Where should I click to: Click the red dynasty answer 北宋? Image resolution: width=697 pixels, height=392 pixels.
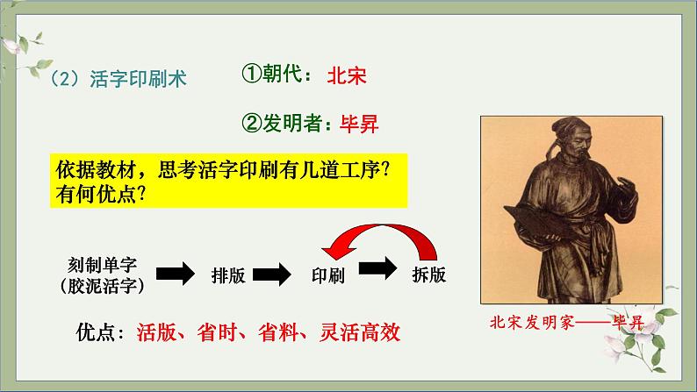tap(347, 75)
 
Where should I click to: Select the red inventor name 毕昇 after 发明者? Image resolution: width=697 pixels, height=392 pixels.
tap(359, 124)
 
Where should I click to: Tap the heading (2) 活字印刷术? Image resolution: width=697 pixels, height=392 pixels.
tap(119, 79)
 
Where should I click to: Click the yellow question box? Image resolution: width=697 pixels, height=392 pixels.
tap(228, 181)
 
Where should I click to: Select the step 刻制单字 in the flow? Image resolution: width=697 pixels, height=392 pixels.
tap(102, 265)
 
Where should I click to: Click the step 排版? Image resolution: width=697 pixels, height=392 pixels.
tap(228, 275)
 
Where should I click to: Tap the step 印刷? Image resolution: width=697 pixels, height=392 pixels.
tap(328, 275)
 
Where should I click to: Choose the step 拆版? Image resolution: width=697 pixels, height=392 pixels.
tap(428, 274)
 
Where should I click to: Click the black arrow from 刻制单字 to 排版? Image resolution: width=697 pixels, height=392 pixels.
tap(176, 273)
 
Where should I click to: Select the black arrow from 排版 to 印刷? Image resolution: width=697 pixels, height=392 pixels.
tap(272, 274)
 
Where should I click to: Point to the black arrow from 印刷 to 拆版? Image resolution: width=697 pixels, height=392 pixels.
tap(377, 268)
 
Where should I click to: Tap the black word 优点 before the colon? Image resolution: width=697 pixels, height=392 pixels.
tap(95, 332)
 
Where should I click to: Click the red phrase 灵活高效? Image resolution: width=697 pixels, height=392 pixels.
tap(360, 332)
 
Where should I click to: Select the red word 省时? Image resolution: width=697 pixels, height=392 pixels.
tap(217, 332)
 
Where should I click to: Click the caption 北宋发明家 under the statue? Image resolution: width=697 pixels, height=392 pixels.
tap(532, 323)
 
